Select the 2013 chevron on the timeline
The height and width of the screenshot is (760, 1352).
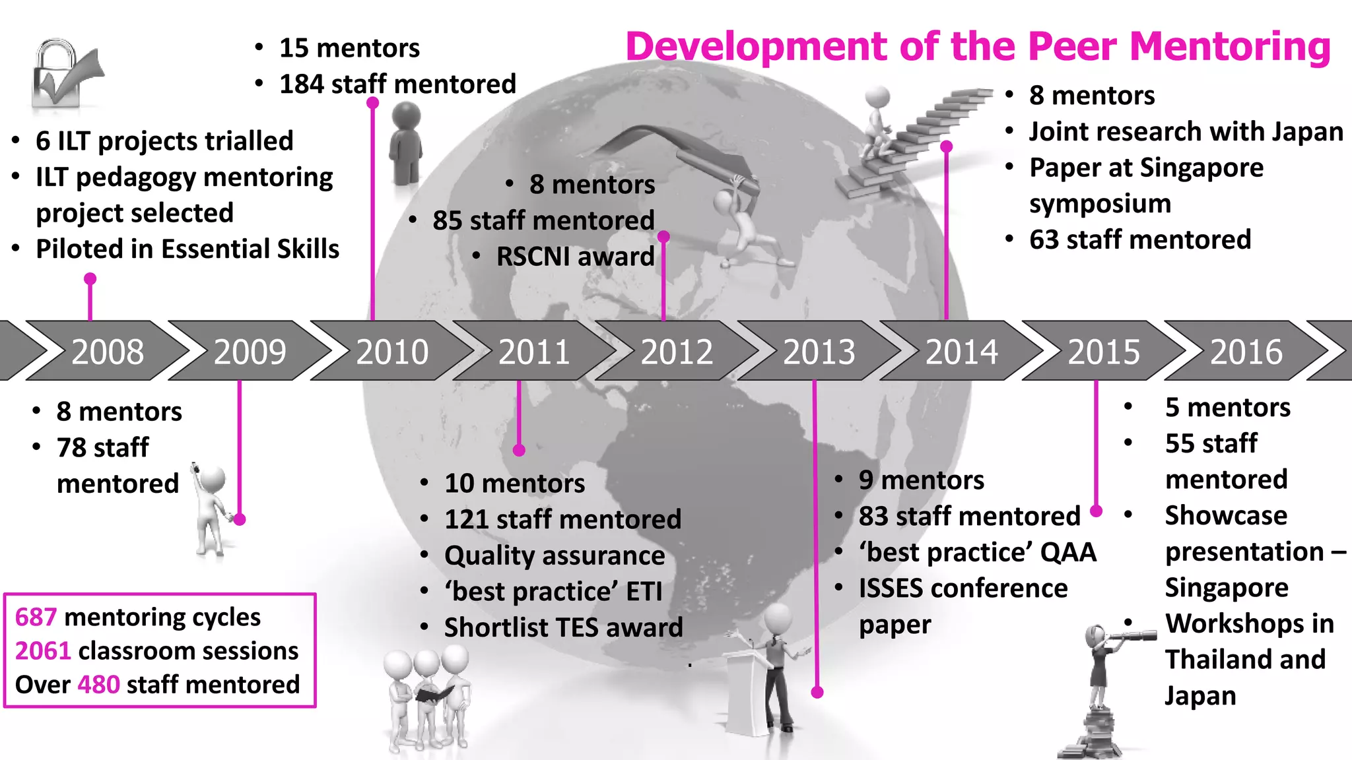(819, 351)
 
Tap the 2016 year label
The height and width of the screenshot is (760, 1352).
(1246, 351)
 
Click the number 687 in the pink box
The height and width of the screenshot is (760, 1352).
(36, 617)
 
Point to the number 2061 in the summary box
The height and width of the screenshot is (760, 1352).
(42, 651)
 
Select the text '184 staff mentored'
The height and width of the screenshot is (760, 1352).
(397, 84)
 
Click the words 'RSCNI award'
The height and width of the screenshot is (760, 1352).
(575, 257)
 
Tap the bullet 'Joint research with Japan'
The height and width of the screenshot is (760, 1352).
(1186, 132)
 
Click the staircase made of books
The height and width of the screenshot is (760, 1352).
(918, 142)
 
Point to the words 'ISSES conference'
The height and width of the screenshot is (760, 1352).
(963, 588)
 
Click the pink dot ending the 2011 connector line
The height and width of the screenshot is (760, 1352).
(519, 451)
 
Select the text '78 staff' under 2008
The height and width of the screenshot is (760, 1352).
(102, 448)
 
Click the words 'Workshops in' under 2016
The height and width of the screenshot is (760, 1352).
(1249, 624)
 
